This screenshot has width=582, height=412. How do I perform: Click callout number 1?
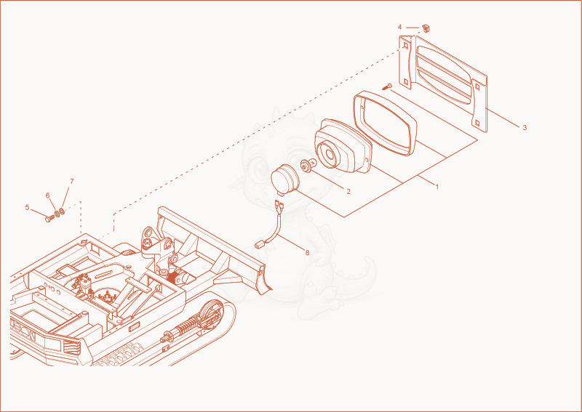click(437, 187)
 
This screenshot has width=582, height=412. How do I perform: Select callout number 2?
click(348, 192)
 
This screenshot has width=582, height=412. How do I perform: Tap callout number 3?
click(525, 128)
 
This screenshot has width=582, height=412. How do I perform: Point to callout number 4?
click(399, 27)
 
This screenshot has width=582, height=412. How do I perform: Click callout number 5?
click(27, 207)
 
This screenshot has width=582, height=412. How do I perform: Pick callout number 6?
click(47, 195)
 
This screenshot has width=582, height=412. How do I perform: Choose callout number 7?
click(71, 182)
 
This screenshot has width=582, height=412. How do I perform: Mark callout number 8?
click(307, 253)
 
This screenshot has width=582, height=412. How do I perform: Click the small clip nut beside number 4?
click(426, 28)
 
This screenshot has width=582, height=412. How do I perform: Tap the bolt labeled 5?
click(49, 219)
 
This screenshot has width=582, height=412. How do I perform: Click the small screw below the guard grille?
click(387, 87)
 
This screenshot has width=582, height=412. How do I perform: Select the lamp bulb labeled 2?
click(308, 166)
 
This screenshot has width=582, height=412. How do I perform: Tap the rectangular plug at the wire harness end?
click(260, 243)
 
